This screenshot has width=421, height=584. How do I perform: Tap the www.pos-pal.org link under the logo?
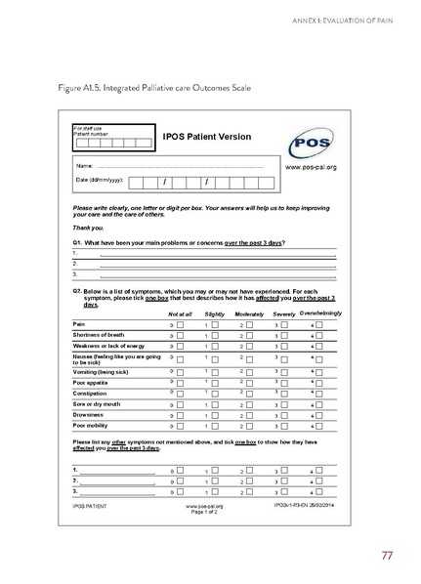pos(310,167)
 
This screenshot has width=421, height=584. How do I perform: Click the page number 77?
pos(388,557)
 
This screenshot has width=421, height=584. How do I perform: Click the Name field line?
pos(176,167)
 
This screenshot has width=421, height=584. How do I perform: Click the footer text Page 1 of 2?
pos(204,512)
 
